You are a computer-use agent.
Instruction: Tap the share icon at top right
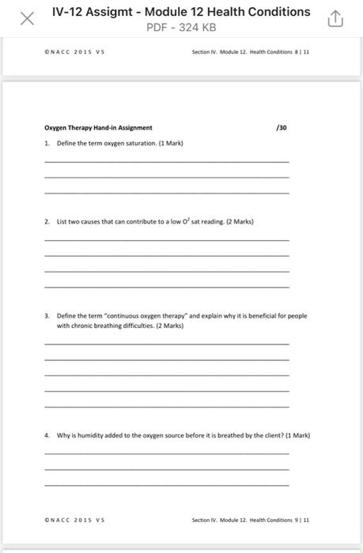pos(335,19)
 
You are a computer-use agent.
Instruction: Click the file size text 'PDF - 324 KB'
pos(181,28)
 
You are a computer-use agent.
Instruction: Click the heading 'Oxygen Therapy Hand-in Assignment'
pos(99,127)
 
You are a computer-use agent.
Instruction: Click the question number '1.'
pos(47,143)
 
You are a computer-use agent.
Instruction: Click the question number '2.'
pos(47,221)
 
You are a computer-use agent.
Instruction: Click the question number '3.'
pos(47,315)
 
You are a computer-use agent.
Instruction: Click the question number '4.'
pos(47,434)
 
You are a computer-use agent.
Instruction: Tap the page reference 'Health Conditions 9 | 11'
pos(270,520)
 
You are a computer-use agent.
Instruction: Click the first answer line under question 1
pos(167,161)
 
